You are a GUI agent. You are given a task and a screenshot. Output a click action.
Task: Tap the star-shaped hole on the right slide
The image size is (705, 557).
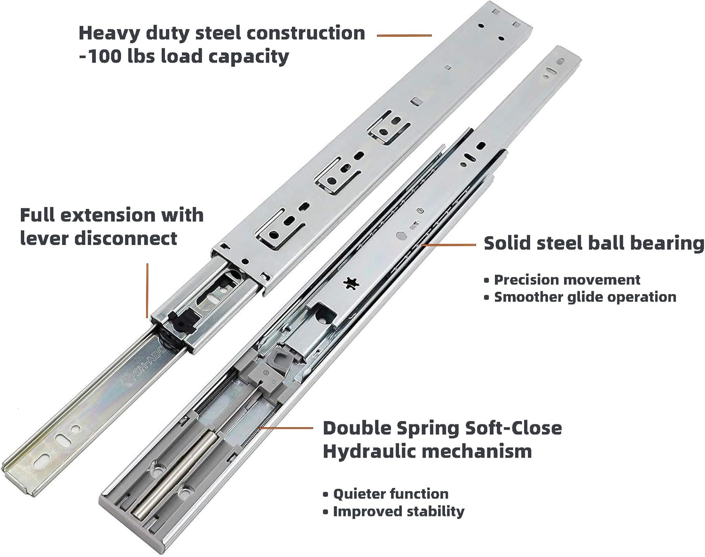click(x=351, y=283)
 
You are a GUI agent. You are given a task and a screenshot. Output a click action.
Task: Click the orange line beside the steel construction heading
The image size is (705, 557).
click(x=404, y=35)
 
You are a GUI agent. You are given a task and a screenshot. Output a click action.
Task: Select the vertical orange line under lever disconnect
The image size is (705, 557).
click(x=148, y=291)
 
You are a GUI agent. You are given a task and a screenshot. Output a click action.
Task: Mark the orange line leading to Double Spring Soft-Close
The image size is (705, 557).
click(x=286, y=428)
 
